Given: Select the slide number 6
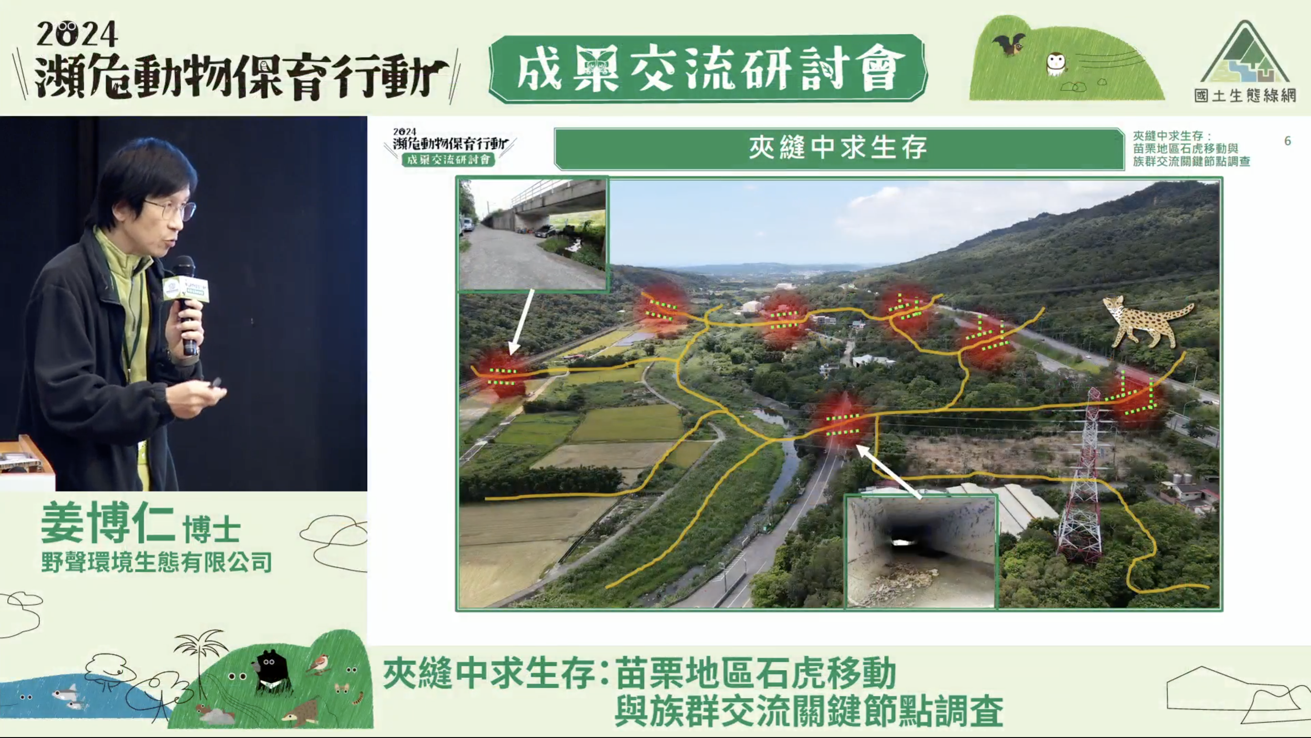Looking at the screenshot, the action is pos(1288,141).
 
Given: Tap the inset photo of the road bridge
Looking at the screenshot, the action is pos(533,234).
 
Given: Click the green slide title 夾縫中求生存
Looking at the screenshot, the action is pos(838,148).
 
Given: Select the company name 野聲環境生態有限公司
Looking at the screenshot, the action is pos(156,562).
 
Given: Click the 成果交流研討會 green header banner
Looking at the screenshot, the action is pos(707,69).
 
